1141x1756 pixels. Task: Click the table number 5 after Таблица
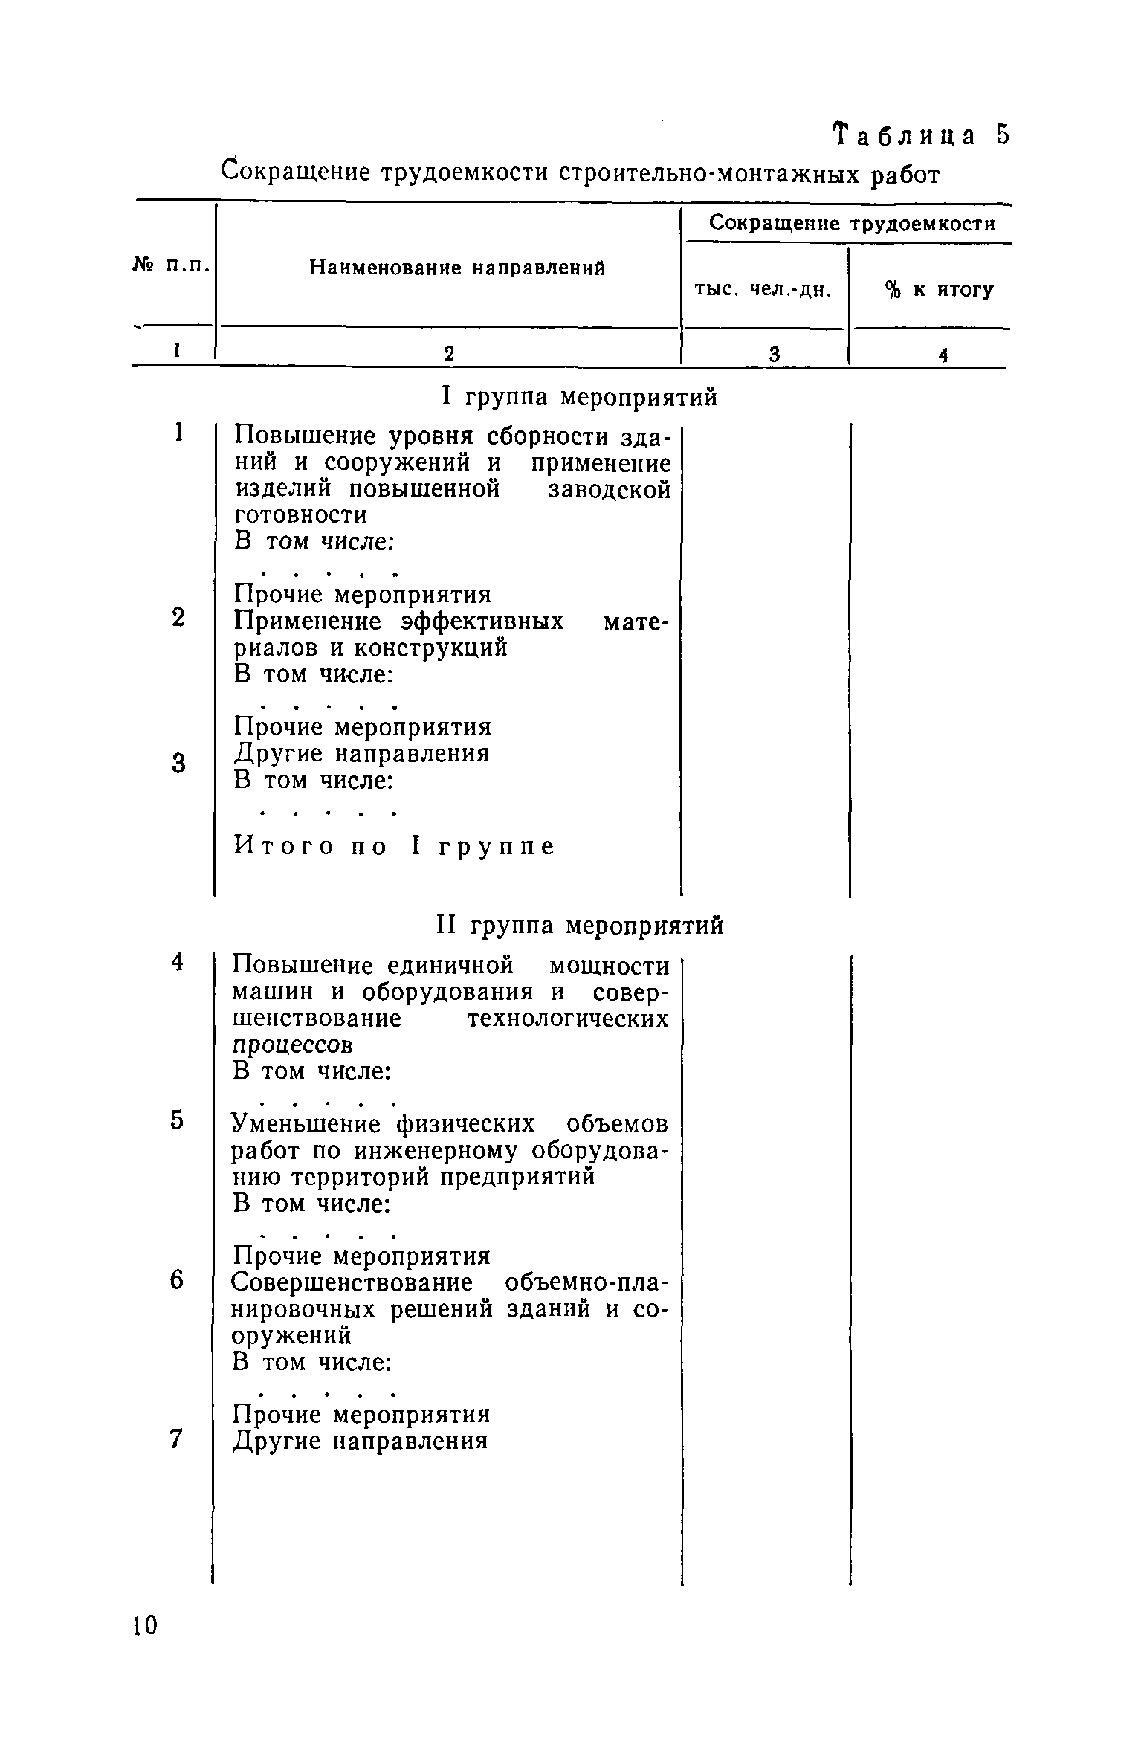pos(1003,135)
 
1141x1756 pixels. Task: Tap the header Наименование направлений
pos(457,268)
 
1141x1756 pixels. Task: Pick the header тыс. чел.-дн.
pos(763,289)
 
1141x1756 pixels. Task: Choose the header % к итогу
pos(939,290)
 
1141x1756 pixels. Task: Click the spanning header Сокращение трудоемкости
pos(852,223)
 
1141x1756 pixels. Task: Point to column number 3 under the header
pos(774,355)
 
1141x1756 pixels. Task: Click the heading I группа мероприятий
pos(580,397)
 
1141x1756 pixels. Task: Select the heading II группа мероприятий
pos(578,926)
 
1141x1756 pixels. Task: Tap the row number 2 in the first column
pos(178,618)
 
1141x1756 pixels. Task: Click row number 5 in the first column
pos(177,1120)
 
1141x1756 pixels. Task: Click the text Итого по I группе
pos(395,846)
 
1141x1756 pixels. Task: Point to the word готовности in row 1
pos(300,514)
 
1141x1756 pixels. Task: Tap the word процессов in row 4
pos(293,1045)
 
